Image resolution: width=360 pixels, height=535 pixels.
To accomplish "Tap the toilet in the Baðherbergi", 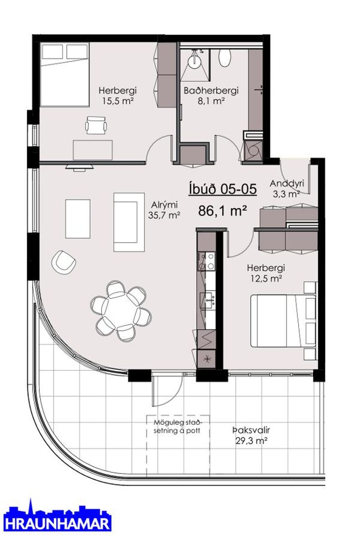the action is (x=225, y=58).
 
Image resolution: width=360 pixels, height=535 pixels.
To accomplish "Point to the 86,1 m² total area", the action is (x=223, y=211).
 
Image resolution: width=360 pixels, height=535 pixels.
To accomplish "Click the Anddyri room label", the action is (x=287, y=183).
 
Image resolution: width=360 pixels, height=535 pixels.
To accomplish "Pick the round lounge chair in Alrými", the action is (x=64, y=262).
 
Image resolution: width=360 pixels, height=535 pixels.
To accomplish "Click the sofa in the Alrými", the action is (x=129, y=222).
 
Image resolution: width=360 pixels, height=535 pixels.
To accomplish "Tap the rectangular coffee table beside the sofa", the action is (x=78, y=219).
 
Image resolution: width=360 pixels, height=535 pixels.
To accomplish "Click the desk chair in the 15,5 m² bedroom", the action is (x=96, y=125).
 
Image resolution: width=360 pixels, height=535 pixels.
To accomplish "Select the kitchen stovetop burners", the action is (x=206, y=261).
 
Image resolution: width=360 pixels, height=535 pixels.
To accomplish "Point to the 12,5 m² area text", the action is (x=266, y=278).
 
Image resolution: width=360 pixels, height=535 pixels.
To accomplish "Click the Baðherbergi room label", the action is (x=211, y=91).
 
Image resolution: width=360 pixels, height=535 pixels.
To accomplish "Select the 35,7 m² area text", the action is (x=164, y=215).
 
